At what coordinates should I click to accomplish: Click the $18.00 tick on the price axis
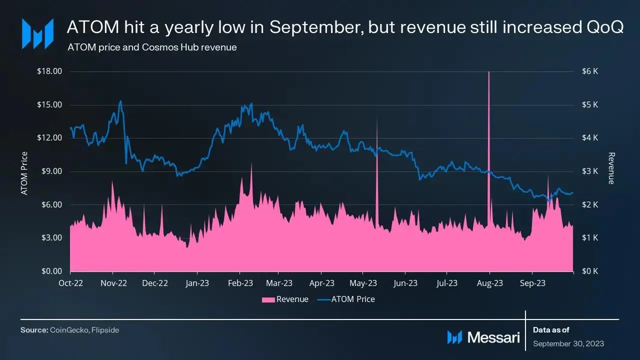tap(49, 71)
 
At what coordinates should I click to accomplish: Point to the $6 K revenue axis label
tap(590, 71)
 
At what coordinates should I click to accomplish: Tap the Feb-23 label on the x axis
tap(240, 283)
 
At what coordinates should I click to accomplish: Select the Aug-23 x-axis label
tap(490, 283)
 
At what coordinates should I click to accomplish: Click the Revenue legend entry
tap(285, 299)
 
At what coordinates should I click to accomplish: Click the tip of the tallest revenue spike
tap(488, 72)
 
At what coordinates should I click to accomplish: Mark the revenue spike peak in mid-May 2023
tap(377, 116)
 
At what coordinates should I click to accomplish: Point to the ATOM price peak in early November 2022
tap(120, 101)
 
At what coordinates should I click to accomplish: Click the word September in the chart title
tap(316, 28)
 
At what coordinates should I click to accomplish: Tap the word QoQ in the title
tap(604, 28)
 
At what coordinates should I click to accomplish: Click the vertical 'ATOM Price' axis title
tap(24, 173)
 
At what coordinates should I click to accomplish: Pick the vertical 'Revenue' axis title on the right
tap(611, 168)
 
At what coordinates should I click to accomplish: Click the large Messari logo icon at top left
tap(37, 33)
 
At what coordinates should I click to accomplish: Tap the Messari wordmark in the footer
tap(493, 337)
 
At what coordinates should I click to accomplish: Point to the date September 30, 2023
tap(568, 343)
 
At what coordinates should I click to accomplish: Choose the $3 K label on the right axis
tap(590, 171)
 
